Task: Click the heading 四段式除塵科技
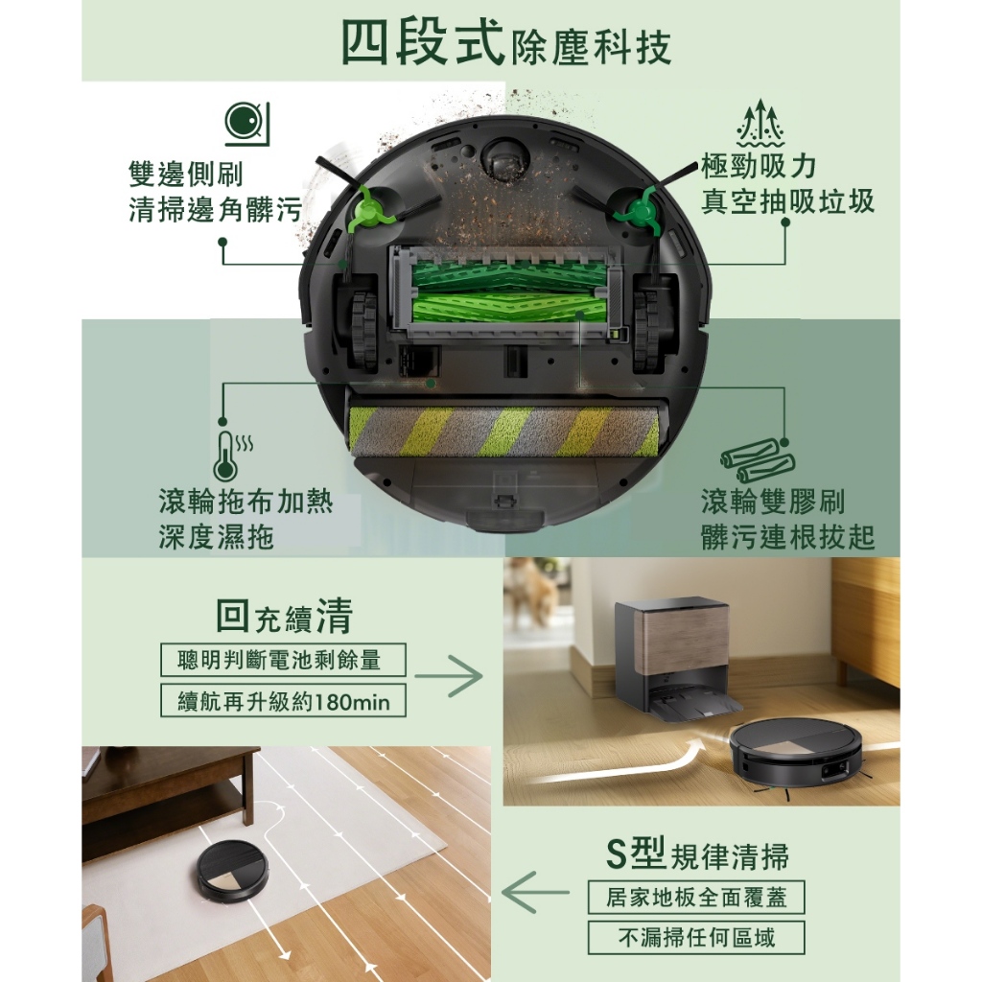[x=506, y=42]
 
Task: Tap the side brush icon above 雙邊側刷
[x=246, y=124]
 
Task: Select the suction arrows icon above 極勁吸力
[x=760, y=123]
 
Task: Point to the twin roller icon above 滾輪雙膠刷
[x=758, y=460]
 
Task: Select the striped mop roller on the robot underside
[x=504, y=431]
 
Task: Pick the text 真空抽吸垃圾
[x=787, y=201]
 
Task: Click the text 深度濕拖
[x=216, y=537]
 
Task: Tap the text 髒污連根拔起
[x=787, y=537]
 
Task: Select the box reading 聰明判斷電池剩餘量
[x=283, y=660]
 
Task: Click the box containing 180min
[x=283, y=701]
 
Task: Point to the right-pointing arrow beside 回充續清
[x=449, y=676]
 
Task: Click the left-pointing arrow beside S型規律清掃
[x=535, y=892]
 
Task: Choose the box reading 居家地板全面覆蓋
[x=696, y=898]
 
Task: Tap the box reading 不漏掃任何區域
[x=696, y=938]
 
